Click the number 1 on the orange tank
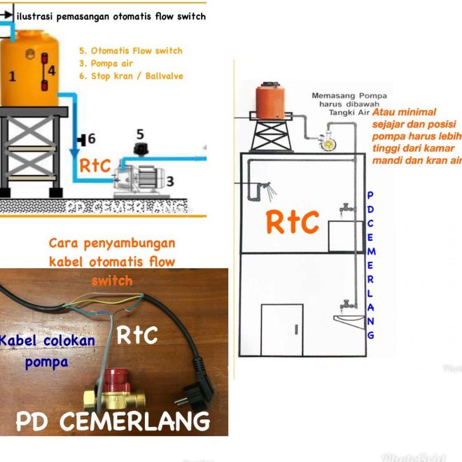point(11,76)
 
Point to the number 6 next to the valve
point(91,139)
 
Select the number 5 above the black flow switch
point(140,133)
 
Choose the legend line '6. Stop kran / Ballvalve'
point(131,76)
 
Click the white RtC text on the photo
point(136,335)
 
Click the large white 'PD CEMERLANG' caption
point(113,421)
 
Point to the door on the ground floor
point(281,328)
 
